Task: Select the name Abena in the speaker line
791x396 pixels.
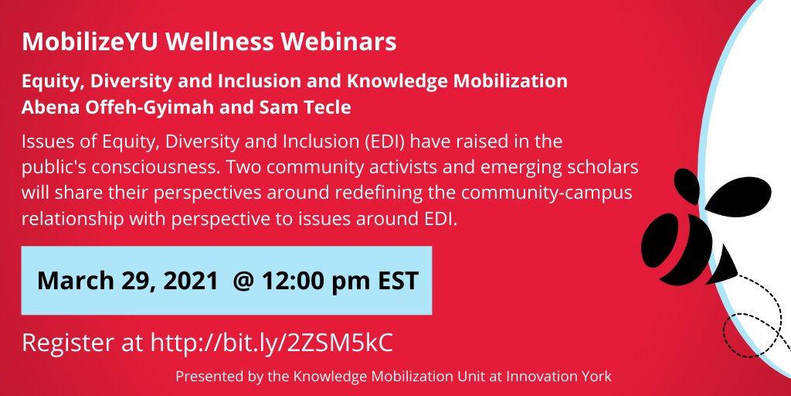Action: coord(49,107)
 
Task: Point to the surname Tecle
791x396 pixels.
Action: coord(328,107)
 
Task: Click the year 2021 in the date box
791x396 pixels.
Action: coord(188,280)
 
